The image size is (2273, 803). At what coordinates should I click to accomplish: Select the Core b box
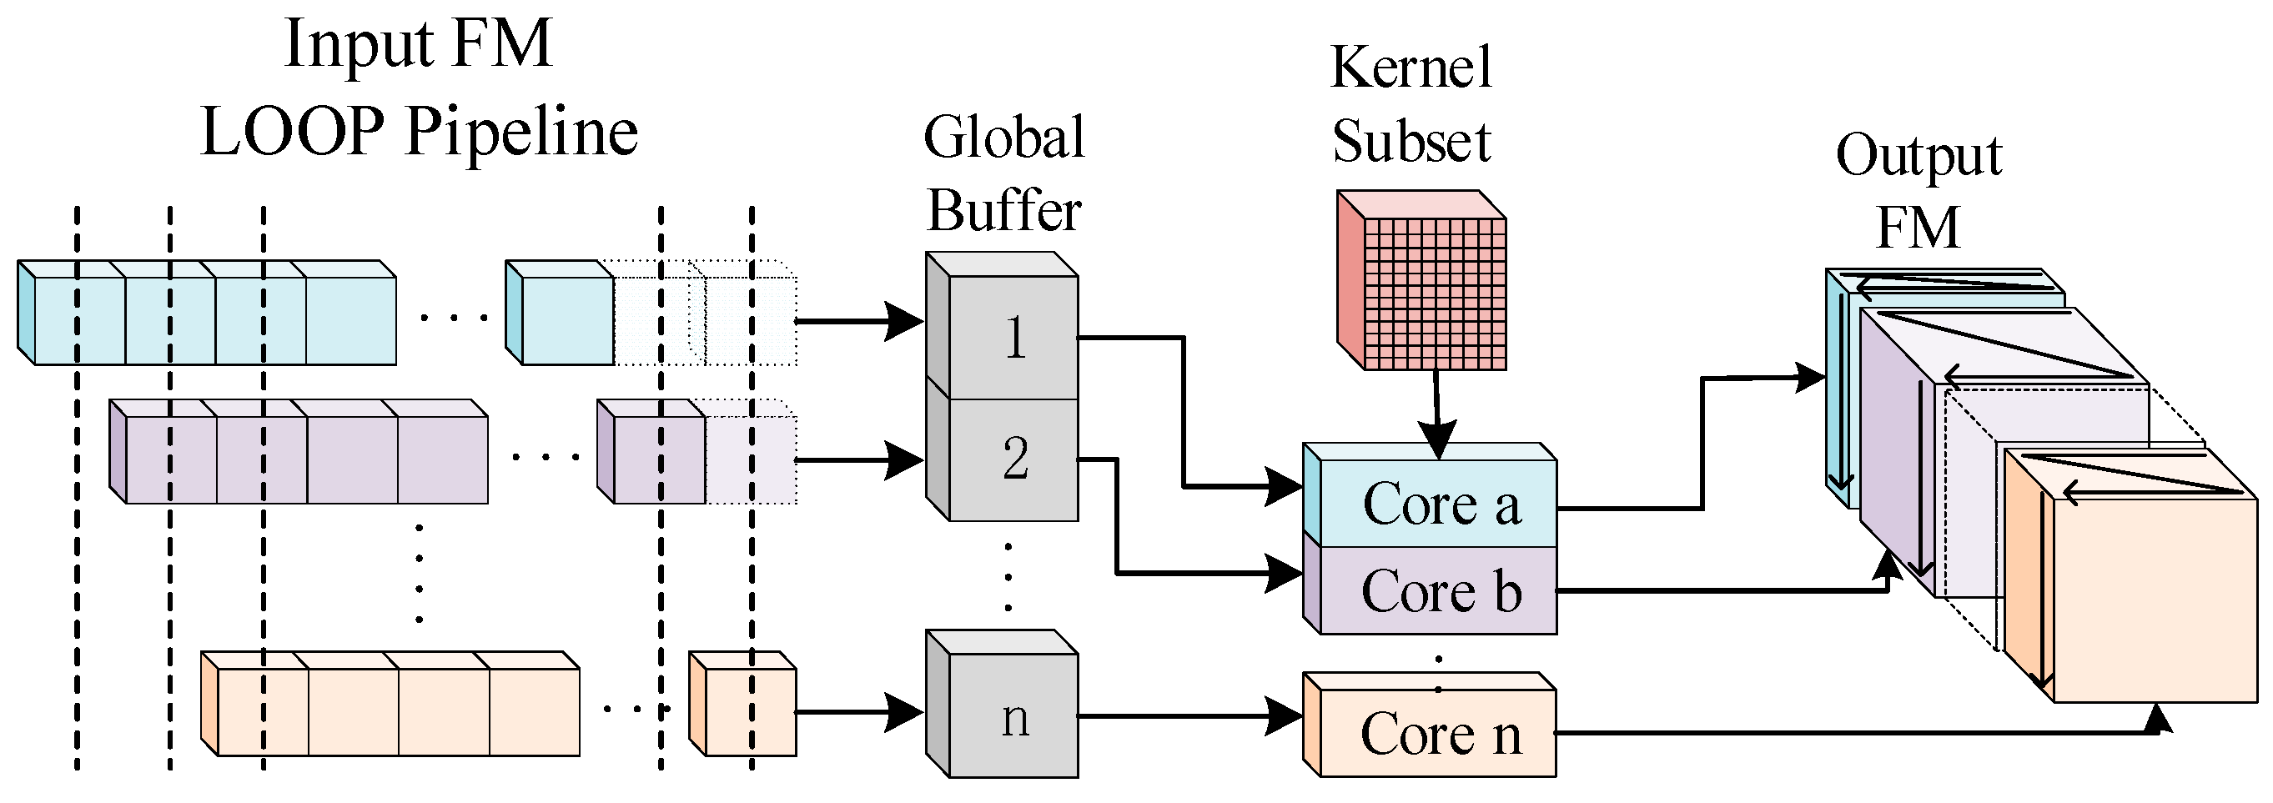click(1438, 590)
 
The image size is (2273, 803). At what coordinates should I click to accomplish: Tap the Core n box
click(1438, 733)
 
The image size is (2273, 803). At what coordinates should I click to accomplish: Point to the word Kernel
click(1411, 67)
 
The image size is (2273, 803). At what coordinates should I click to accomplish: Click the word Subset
click(1411, 141)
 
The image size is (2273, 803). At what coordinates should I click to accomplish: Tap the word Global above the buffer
click(1004, 138)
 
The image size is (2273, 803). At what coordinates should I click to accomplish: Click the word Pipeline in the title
click(521, 133)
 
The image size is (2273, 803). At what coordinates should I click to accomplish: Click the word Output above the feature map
click(1918, 157)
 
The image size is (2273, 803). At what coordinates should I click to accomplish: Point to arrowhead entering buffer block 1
click(904, 321)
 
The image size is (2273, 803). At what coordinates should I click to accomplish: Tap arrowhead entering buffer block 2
click(904, 459)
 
